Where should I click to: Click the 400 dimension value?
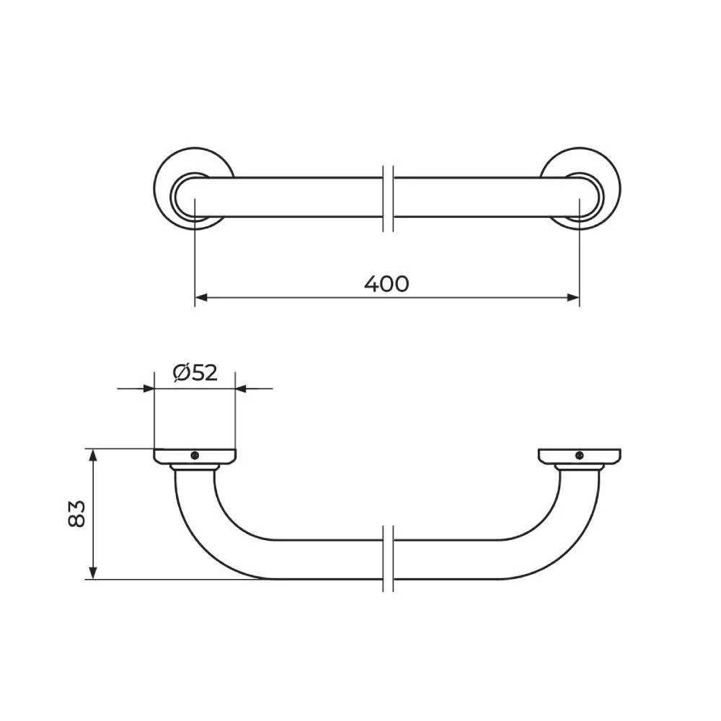click(x=386, y=283)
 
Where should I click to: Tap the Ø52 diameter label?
click(x=195, y=373)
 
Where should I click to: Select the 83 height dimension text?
click(x=77, y=513)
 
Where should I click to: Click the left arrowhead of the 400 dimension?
click(x=201, y=298)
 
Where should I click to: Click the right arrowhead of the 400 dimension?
click(x=573, y=298)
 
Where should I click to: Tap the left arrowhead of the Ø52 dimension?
click(x=148, y=389)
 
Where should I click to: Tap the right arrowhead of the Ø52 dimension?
click(x=242, y=389)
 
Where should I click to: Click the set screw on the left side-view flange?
click(x=195, y=455)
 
